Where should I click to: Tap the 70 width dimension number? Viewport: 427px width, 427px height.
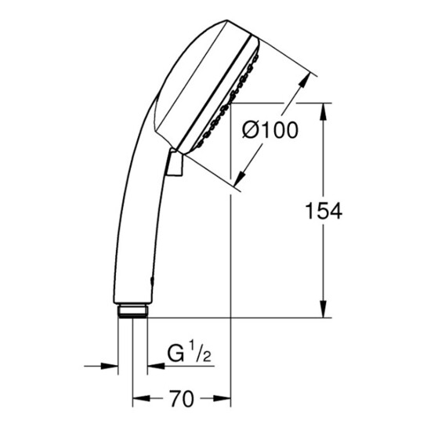[181, 398]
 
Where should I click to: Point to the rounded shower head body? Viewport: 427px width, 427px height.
[188, 86]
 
